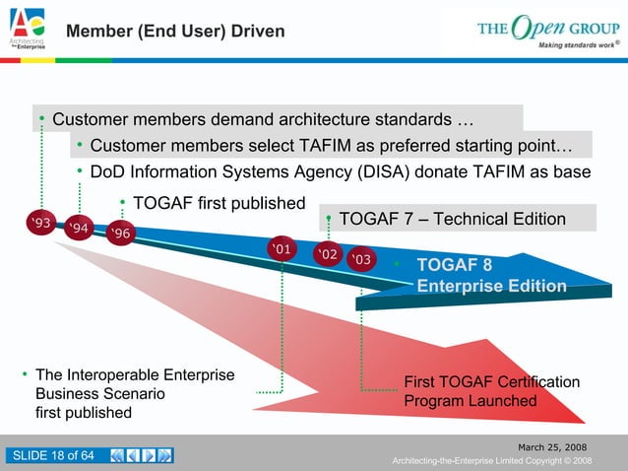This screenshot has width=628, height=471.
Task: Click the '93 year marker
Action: pyautogui.click(x=41, y=224)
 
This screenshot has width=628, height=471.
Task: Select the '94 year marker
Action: pyautogui.click(x=82, y=230)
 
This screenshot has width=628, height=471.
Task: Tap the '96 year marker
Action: pyautogui.click(x=123, y=235)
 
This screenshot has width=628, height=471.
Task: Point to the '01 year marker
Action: pyautogui.click(x=282, y=248)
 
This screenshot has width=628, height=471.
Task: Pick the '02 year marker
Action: pyautogui.click(x=326, y=254)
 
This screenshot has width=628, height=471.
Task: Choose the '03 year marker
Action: pyautogui.click(x=361, y=259)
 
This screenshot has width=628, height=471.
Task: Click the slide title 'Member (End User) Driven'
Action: pyautogui.click(x=175, y=33)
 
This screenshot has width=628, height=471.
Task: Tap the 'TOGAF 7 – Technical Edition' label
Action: pyautogui.click(x=452, y=219)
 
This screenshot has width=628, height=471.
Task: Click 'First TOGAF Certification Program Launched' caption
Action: pyautogui.click(x=491, y=391)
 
